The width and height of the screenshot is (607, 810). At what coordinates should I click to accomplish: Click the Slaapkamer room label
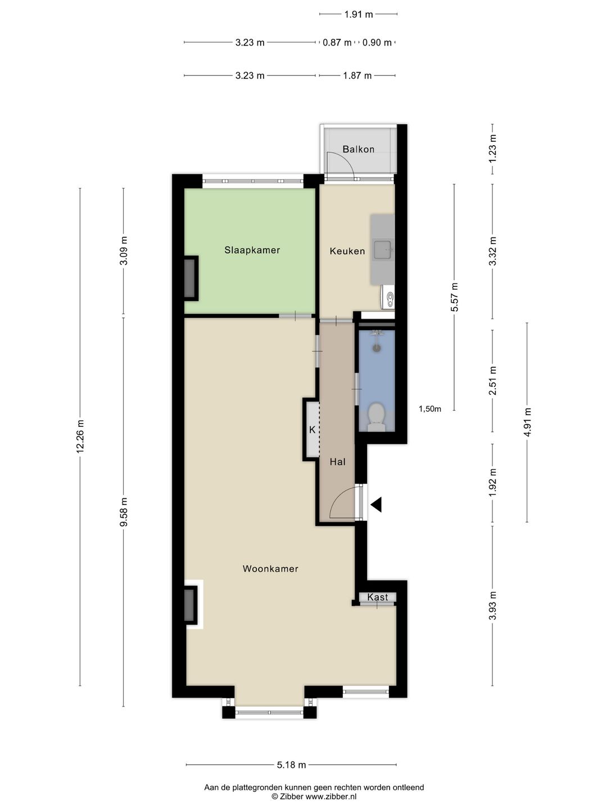point(252,250)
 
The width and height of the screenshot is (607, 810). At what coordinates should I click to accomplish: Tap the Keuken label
point(347,251)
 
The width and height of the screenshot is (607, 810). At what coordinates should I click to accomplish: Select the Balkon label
point(358,150)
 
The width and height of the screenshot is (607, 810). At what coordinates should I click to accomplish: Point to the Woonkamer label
point(270,569)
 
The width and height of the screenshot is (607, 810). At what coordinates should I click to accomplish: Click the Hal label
point(338,462)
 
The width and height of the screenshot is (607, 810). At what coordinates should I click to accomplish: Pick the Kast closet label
point(377,597)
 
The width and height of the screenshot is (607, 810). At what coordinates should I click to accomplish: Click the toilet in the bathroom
point(377,417)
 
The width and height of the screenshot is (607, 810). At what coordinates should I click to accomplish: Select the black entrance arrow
point(377,505)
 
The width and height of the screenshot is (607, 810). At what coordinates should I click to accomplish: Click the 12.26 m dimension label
point(81,436)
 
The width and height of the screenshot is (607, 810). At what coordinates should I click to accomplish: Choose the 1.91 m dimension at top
point(359,15)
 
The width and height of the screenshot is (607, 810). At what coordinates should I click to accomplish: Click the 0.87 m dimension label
point(337,42)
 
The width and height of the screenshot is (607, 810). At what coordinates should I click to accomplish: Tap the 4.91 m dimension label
point(527,422)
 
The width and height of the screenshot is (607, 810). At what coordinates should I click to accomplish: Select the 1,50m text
point(430,409)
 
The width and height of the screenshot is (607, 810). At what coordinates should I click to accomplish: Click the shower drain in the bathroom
point(377,347)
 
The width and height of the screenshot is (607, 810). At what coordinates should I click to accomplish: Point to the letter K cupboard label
point(312,430)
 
